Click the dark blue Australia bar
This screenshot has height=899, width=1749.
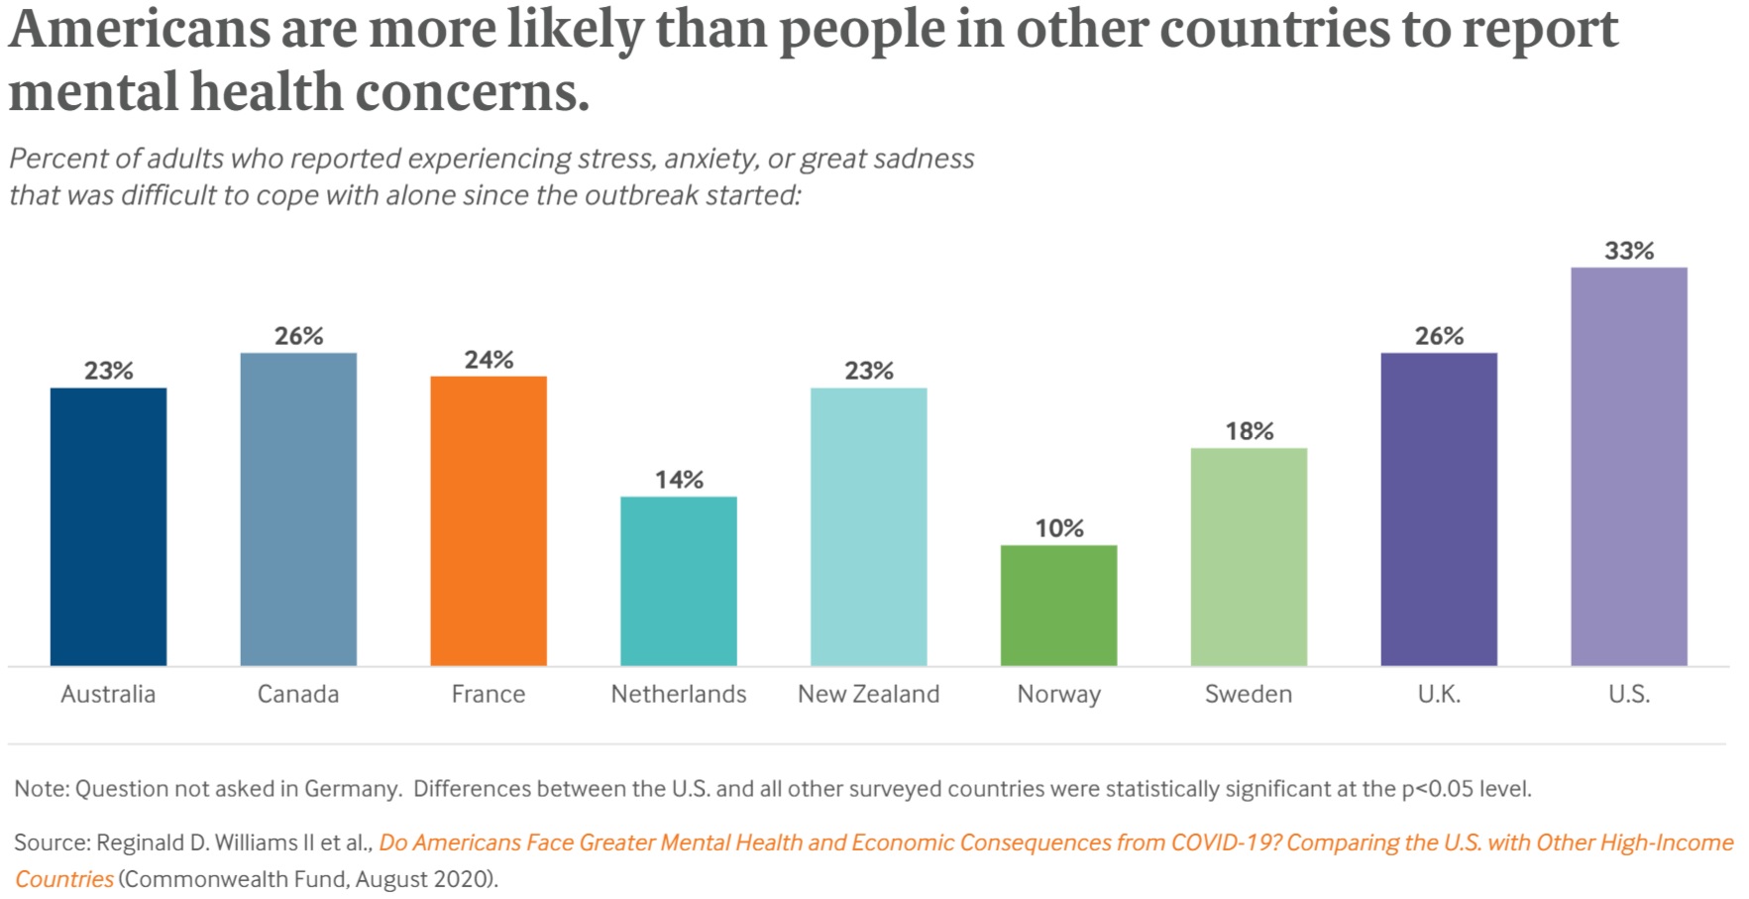click(x=108, y=525)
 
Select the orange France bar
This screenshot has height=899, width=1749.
click(x=488, y=520)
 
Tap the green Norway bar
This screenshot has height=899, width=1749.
click(x=1058, y=605)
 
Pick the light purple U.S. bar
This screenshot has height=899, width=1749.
click(x=1628, y=466)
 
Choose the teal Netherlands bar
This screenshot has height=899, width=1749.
click(x=678, y=581)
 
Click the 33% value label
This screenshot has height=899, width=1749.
click(x=1629, y=251)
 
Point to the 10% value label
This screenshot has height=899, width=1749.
click(x=1059, y=528)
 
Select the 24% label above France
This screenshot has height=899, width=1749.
click(x=489, y=360)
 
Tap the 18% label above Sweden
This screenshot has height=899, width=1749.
click(x=1249, y=431)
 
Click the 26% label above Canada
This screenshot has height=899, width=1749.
click(x=298, y=336)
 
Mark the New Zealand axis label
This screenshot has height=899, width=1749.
click(x=868, y=694)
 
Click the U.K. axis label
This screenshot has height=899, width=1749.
click(x=1438, y=694)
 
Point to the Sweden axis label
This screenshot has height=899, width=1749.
click(x=1248, y=694)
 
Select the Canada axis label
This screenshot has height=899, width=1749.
click(x=297, y=694)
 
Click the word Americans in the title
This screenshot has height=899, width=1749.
click(x=139, y=30)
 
